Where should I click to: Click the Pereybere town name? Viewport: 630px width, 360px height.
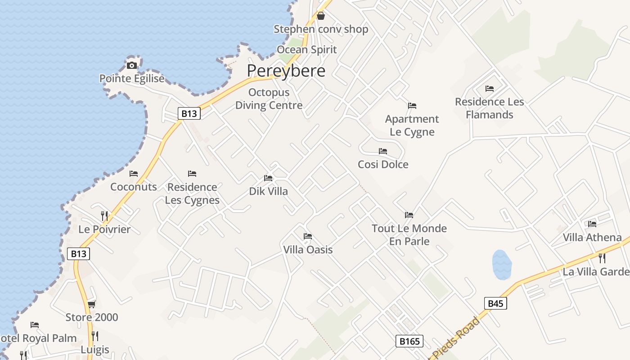[286, 71]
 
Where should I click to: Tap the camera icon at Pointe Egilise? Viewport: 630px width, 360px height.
[132, 65]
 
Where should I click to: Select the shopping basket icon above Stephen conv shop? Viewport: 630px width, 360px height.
[321, 16]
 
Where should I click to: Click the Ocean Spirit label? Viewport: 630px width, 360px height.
[306, 49]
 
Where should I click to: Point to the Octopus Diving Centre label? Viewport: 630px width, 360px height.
[269, 99]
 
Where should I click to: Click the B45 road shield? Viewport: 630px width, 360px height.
[495, 303]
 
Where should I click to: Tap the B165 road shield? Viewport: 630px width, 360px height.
[409, 341]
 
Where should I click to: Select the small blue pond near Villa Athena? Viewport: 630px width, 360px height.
[502, 265]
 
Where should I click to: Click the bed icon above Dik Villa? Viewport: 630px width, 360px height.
[268, 178]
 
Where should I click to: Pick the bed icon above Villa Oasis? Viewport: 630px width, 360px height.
[308, 236]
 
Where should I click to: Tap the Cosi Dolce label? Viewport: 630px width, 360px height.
[383, 164]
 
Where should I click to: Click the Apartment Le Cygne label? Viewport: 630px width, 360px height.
[412, 126]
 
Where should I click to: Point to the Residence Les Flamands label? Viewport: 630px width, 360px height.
[490, 108]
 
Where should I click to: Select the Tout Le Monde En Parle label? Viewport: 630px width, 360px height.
[409, 234]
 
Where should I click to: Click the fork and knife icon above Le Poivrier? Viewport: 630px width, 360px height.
[104, 216]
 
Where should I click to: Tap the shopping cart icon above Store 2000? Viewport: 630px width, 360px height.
[91, 305]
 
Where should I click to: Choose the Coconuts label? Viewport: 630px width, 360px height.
[134, 187]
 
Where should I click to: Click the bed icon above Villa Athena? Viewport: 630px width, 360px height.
[592, 224]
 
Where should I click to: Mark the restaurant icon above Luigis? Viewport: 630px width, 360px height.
[95, 336]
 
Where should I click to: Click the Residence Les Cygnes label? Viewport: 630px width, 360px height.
[192, 193]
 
